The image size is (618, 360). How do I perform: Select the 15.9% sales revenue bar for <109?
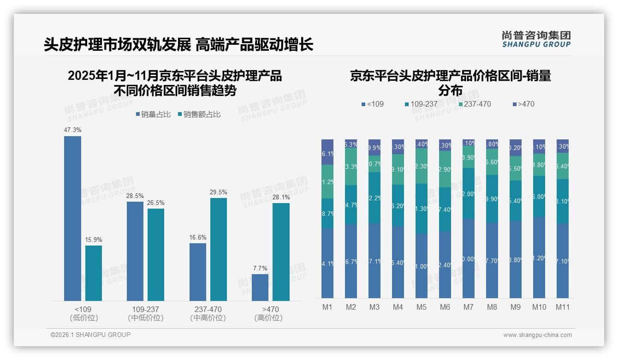point(94,273)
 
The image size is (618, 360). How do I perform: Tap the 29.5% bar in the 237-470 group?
point(219,249)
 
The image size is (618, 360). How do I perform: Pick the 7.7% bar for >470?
point(260,287)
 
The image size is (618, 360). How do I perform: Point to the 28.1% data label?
point(281,197)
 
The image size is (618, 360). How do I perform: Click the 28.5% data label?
point(135,196)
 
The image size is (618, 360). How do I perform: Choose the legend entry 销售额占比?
point(199,114)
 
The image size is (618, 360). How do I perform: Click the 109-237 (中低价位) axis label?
point(146,313)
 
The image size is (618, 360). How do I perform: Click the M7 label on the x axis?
point(469,307)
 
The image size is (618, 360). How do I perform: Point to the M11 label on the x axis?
point(562,307)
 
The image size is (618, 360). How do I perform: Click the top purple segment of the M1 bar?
point(327,152)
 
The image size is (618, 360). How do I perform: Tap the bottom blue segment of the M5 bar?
point(421,265)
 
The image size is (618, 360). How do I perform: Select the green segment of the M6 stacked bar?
point(445,169)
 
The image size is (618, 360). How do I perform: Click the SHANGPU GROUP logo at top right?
point(536,39)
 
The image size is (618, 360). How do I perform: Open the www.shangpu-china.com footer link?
point(537,335)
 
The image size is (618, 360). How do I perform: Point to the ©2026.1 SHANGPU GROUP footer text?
point(90,335)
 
